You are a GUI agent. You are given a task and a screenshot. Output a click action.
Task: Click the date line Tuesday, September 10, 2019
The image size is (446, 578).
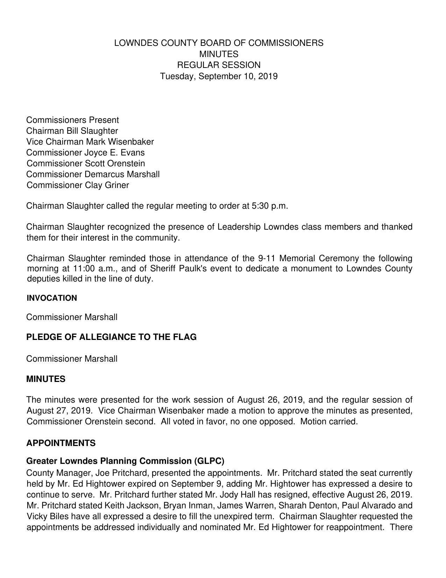[x=219, y=76]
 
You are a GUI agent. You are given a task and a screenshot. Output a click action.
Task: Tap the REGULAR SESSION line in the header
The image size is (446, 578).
[x=219, y=65]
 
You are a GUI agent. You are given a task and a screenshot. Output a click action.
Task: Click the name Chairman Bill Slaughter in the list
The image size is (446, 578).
[x=72, y=131]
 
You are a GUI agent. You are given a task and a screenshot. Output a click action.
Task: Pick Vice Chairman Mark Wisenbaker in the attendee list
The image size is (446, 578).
[x=90, y=142]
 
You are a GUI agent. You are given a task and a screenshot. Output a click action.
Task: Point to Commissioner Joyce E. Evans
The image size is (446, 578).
[x=85, y=153]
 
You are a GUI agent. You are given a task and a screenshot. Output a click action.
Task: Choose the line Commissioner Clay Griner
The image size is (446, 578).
[x=78, y=185]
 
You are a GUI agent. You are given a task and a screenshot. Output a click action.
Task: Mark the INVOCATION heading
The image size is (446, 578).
[x=52, y=298]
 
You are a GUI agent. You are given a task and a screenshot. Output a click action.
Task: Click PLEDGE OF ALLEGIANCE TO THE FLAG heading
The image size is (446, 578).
[x=111, y=337]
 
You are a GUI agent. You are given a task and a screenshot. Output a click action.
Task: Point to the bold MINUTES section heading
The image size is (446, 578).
[x=46, y=379]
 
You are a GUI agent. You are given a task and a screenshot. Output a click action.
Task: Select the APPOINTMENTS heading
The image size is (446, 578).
[x=61, y=443]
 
